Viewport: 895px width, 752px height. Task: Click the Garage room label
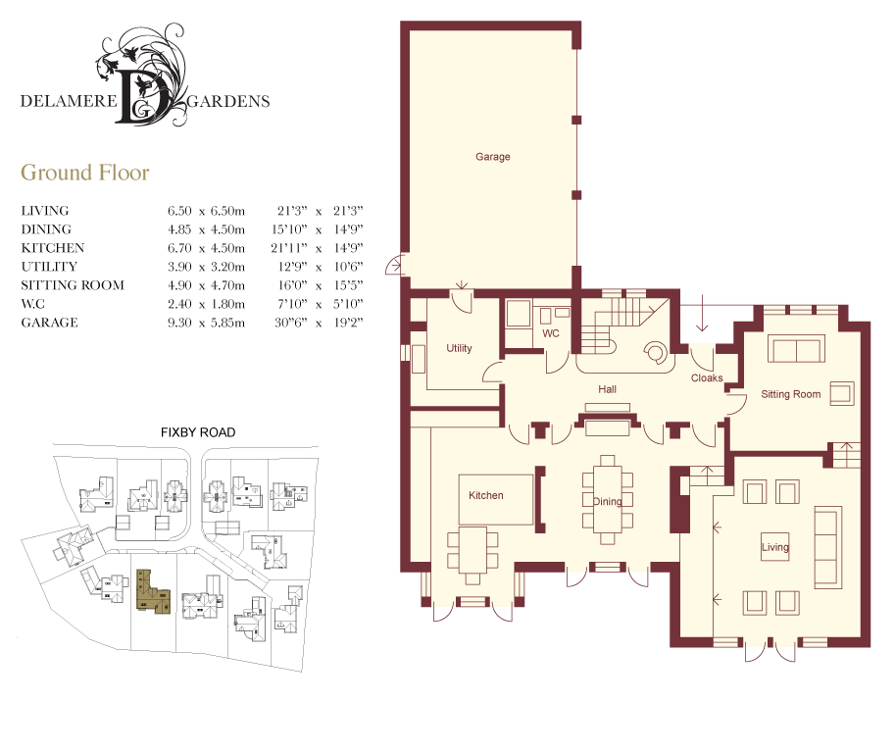[x=492, y=157]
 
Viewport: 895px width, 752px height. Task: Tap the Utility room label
[x=459, y=348]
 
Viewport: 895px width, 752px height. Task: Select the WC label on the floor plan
[x=551, y=333]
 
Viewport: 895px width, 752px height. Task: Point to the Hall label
[x=608, y=389]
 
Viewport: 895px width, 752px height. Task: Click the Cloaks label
[x=707, y=378]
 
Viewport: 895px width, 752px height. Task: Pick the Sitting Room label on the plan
[x=790, y=394]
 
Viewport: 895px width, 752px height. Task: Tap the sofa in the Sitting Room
[x=796, y=348]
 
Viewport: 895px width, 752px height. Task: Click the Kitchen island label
[x=486, y=496]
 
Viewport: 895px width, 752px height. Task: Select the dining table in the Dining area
[x=608, y=500]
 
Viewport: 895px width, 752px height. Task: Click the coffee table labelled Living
[x=775, y=547]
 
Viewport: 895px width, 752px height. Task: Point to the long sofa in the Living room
[x=828, y=546]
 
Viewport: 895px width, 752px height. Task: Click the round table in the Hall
[x=655, y=352]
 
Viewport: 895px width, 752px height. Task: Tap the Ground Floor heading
[x=85, y=173]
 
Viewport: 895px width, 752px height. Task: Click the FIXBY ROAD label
[x=198, y=432]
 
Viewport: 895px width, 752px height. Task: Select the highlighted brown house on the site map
[x=153, y=591]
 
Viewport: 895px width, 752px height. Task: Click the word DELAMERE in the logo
[x=69, y=101]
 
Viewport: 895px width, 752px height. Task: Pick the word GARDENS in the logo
[x=228, y=101]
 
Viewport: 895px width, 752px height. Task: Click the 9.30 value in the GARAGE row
[x=179, y=323]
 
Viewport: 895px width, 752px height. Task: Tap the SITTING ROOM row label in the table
[x=73, y=285]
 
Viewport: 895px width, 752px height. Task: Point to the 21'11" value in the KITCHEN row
[x=289, y=248]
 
